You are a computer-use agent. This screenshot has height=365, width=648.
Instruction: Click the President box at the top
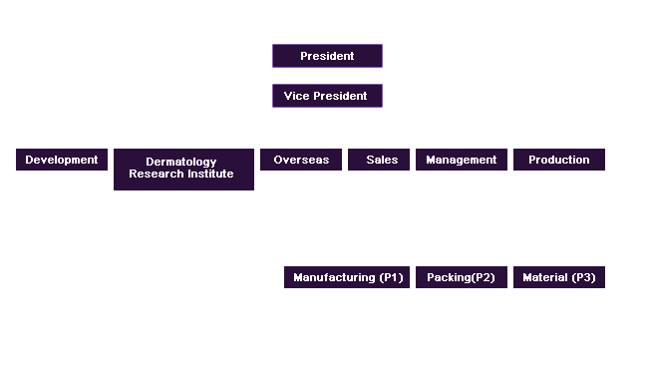click(x=327, y=57)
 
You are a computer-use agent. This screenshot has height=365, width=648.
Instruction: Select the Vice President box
click(x=327, y=97)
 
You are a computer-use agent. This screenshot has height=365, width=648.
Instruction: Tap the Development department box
click(x=62, y=160)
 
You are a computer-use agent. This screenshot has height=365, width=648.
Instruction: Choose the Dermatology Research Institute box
click(x=183, y=169)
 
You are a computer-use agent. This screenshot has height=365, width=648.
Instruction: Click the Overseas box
click(x=301, y=160)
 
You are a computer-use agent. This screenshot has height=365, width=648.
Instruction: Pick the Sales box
click(x=379, y=160)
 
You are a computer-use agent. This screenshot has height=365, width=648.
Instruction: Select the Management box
click(x=462, y=160)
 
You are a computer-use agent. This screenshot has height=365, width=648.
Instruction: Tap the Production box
click(x=559, y=160)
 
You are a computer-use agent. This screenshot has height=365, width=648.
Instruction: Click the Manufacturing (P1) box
click(x=347, y=277)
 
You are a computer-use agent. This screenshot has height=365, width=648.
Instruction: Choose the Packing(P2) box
click(x=462, y=277)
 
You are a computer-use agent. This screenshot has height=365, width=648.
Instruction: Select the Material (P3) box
click(x=559, y=277)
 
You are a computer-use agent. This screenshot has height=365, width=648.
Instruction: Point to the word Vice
click(x=297, y=97)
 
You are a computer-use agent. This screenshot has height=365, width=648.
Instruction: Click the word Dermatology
click(x=181, y=162)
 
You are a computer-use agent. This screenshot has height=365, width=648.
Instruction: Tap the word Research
click(x=155, y=174)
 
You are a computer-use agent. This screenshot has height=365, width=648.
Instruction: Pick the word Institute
click(x=211, y=174)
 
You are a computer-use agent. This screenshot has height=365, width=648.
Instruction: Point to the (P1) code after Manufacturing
click(x=391, y=277)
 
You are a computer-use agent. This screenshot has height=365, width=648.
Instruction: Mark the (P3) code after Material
click(x=583, y=277)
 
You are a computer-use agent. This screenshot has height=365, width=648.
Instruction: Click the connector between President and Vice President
click(x=327, y=76)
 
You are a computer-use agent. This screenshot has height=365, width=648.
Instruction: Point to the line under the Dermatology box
click(x=190, y=191)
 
